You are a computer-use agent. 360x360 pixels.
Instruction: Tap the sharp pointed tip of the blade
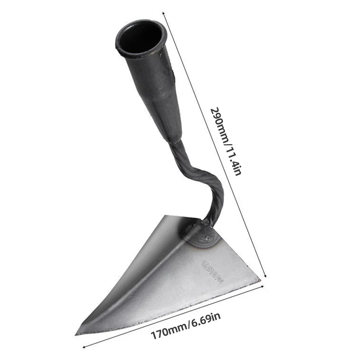click(x=78, y=333)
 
